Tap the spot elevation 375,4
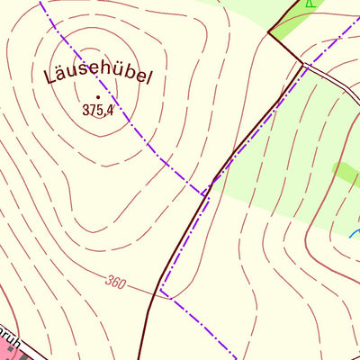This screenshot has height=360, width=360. pyautogui.click(x=98, y=111)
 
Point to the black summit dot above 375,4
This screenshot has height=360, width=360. pyautogui.click(x=97, y=96)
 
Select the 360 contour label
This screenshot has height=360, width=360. pyautogui.click(x=114, y=282)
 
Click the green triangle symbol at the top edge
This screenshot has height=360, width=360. pyautogui.click(x=310, y=3)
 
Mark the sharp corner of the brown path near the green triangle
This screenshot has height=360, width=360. pyautogui.click(x=268, y=33)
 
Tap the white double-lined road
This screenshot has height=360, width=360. pyautogui.click(x=333, y=81)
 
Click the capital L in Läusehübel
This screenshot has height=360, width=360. pyautogui.click(x=50, y=76)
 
